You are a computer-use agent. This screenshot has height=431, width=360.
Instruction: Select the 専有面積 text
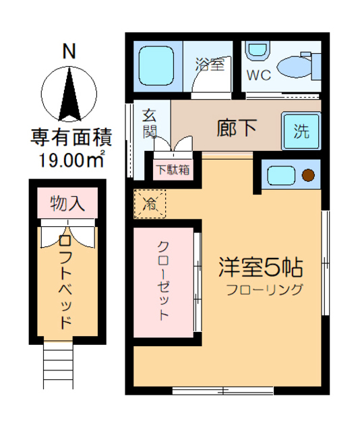click(x=70, y=138)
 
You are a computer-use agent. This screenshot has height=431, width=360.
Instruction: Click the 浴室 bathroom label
click(x=209, y=65)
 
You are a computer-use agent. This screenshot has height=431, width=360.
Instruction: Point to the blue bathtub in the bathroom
click(x=157, y=66)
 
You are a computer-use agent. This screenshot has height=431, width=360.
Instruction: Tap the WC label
click(x=258, y=75)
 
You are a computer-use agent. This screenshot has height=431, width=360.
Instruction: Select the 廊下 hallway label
click(x=236, y=127)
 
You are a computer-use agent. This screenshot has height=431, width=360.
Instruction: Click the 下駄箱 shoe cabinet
click(x=173, y=169)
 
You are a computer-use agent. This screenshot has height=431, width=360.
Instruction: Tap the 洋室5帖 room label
click(x=260, y=267)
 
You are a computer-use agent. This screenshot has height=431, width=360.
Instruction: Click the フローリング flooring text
click(x=265, y=291)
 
